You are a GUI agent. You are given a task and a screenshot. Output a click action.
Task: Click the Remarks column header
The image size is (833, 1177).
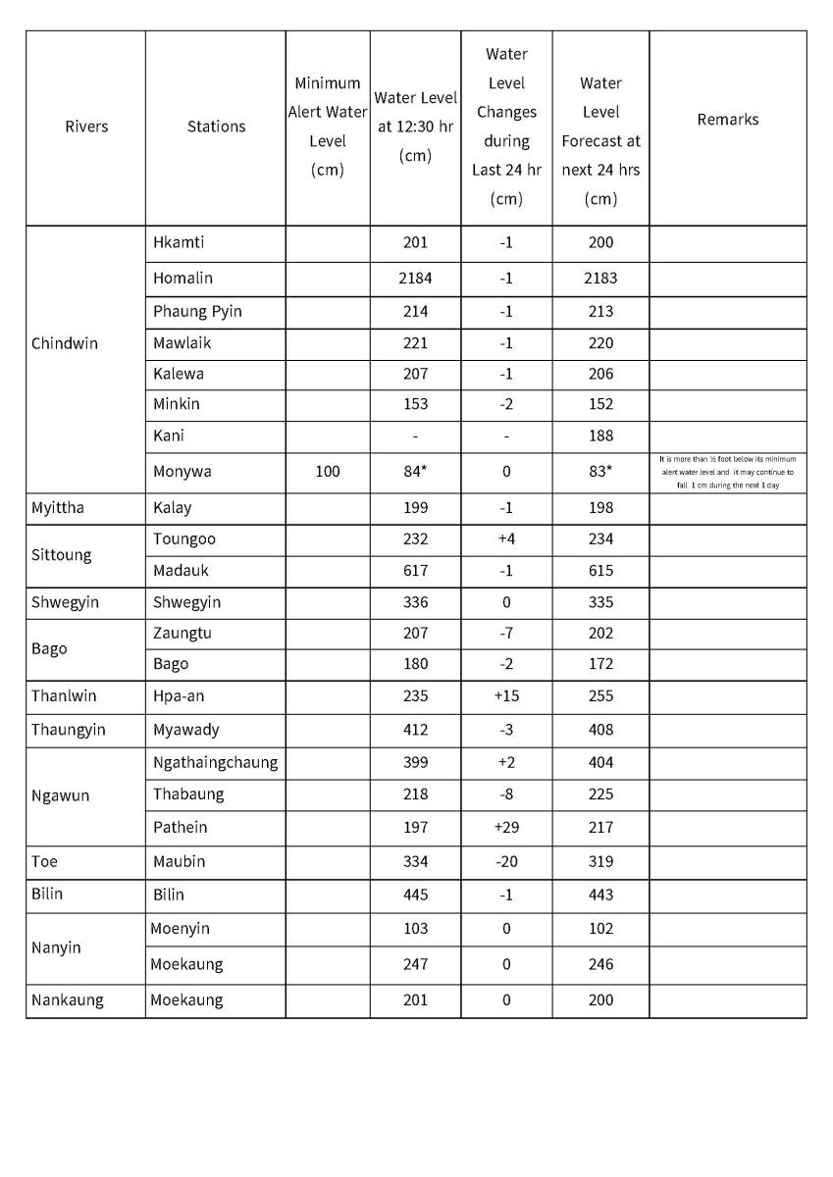tap(727, 120)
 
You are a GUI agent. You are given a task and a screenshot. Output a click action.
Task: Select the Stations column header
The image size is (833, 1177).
tap(216, 127)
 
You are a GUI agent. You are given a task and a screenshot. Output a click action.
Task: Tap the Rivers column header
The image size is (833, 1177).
tap(86, 127)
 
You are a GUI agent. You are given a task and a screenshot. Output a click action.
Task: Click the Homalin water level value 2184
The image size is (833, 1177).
tap(415, 279)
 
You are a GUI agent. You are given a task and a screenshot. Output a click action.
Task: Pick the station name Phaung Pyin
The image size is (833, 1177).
tap(197, 312)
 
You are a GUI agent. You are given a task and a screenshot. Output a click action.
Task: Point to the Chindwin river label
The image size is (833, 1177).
tap(65, 344)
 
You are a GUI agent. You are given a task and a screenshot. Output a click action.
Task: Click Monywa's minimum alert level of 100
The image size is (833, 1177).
tap(328, 472)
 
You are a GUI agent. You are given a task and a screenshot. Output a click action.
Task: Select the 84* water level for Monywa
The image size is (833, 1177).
tap(415, 472)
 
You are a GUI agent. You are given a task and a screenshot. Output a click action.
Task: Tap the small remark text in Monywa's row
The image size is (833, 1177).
tap(727, 472)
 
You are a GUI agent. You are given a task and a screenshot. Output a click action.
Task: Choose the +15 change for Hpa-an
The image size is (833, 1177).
tap(506, 696)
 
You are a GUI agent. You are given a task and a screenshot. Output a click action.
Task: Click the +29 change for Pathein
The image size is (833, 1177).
tap(506, 828)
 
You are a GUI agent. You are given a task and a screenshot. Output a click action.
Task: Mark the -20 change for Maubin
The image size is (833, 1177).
tap(506, 862)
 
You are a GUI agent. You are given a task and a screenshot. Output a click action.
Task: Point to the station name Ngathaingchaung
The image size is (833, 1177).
tap(215, 763)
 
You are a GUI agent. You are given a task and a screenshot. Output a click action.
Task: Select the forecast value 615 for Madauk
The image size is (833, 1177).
tap(600, 571)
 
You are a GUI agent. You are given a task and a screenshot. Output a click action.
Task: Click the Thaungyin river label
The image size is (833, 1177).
tap(68, 730)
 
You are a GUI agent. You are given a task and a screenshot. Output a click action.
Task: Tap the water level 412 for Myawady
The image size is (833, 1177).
tap(415, 730)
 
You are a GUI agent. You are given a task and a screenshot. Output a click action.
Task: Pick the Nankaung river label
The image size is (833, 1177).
tap(67, 1000)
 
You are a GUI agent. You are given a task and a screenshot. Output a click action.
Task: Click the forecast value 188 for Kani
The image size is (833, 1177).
tap(600, 435)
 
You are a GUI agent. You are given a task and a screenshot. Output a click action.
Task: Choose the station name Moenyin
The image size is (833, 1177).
tap(180, 929)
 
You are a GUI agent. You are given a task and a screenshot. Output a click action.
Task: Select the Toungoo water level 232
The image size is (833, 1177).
tap(415, 539)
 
